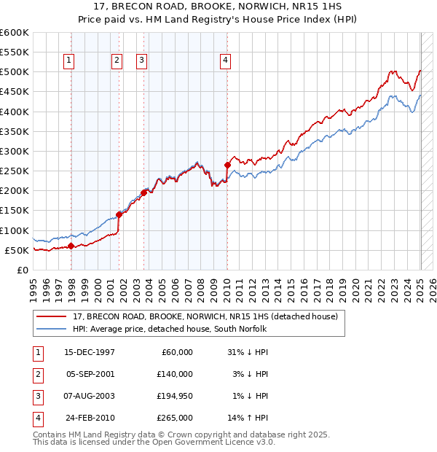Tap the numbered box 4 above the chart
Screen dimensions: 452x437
coord(226,61)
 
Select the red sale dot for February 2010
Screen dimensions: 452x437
coord(227,165)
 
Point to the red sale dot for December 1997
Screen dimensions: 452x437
coord(71,246)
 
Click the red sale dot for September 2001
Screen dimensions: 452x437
coord(119,214)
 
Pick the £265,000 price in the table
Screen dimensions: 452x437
coord(176,418)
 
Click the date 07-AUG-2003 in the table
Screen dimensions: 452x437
coord(90,396)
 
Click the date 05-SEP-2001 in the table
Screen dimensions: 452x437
coord(90,374)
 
